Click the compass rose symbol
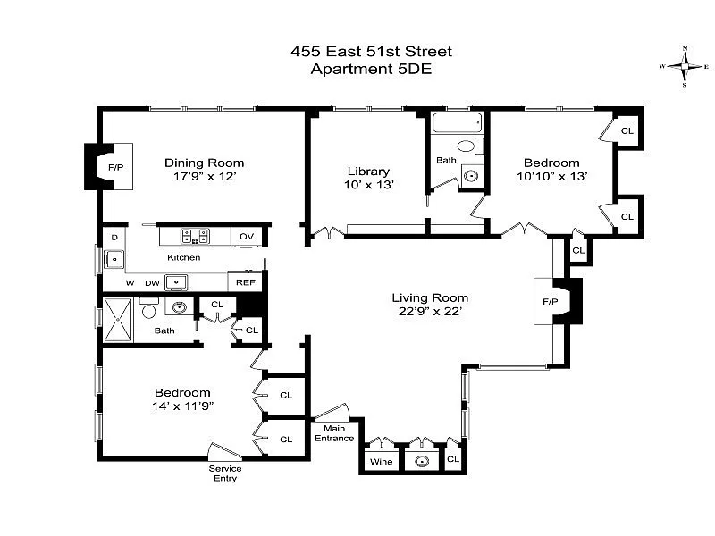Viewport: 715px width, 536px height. tap(684, 66)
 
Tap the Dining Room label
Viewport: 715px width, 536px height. tap(205, 163)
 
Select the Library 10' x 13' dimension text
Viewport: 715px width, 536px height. tap(368, 185)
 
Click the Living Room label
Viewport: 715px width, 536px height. tap(430, 297)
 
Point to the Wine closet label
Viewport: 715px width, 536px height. tap(382, 461)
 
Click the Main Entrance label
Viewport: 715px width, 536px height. tap(334, 433)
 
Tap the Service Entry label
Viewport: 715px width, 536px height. tap(225, 473)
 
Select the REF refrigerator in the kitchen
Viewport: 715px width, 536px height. tap(245, 281)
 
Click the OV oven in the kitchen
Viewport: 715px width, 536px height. tap(247, 237)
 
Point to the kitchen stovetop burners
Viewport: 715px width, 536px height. tap(195, 236)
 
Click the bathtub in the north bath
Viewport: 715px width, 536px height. tap(457, 122)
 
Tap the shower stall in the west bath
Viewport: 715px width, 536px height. tap(118, 320)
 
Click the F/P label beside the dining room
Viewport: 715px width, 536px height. tap(116, 167)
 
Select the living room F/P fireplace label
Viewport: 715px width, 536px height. tap(551, 301)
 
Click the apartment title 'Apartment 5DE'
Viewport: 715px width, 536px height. tap(371, 70)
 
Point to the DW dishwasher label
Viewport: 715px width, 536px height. tap(152, 283)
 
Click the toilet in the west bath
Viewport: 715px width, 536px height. tap(148, 307)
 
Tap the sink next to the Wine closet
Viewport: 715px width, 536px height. tap(422, 461)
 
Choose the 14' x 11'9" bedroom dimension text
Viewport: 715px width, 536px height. tap(183, 406)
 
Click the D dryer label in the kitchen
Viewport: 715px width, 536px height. tap(114, 237)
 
